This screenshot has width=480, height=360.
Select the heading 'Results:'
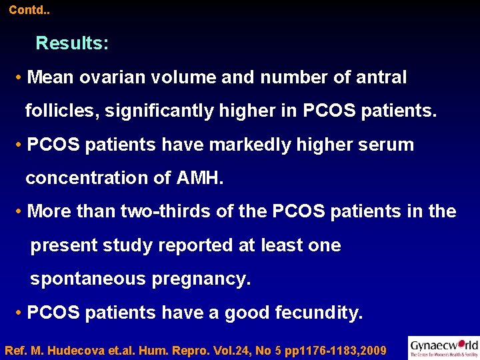point(72,43)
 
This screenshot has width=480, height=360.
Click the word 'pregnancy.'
point(201,279)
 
